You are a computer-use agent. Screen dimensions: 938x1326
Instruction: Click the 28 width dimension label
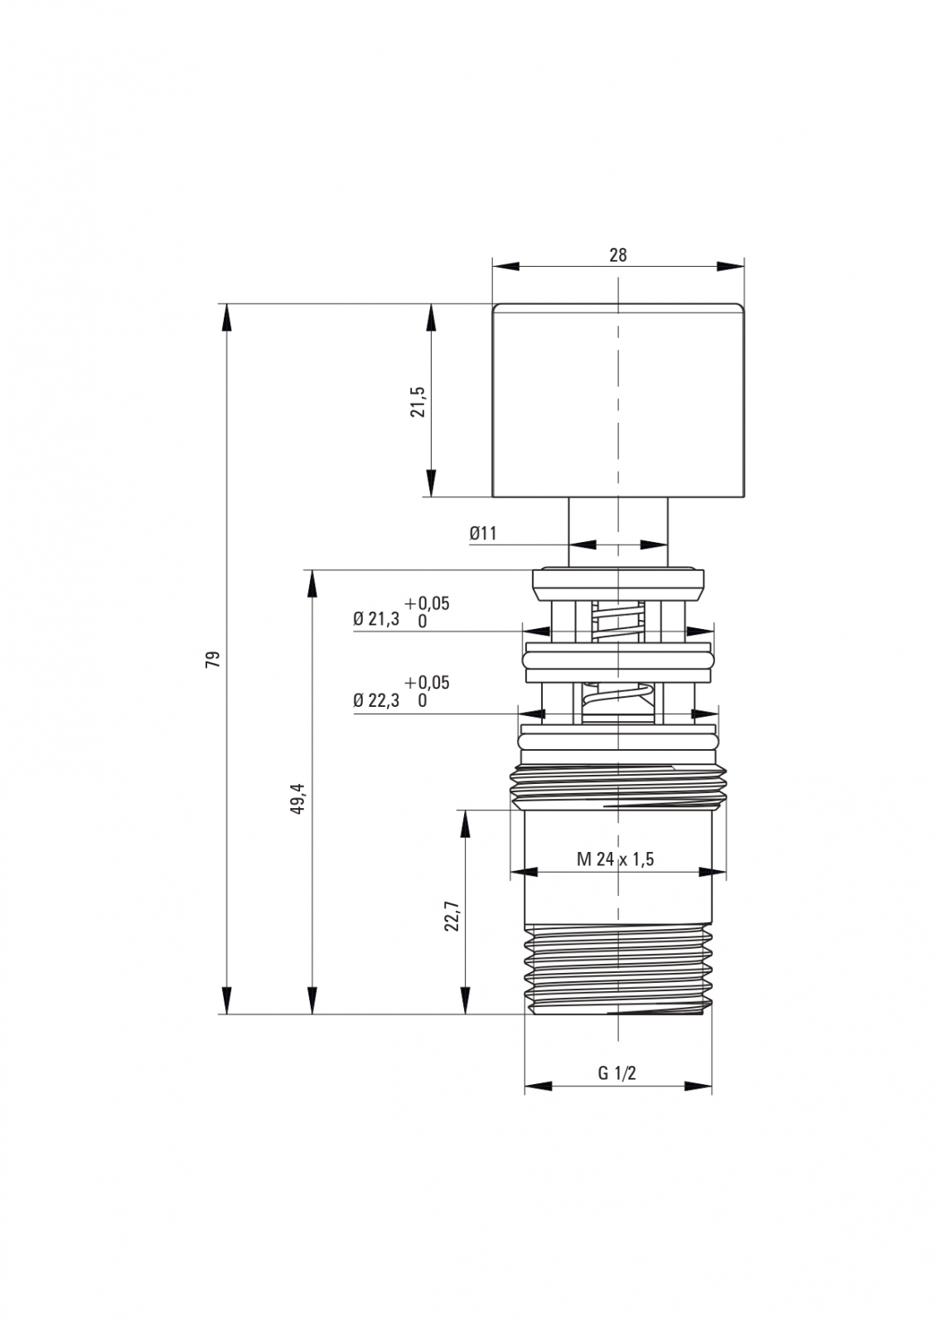tap(618, 255)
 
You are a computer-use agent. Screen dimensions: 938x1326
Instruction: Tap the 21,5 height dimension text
tap(418, 402)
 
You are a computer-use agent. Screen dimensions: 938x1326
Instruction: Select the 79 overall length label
tap(212, 659)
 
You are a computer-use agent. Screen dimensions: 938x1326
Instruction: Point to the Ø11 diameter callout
tap(483, 534)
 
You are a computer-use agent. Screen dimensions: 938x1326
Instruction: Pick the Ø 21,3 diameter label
tap(376, 619)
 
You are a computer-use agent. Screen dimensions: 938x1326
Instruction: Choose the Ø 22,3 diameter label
tap(376, 700)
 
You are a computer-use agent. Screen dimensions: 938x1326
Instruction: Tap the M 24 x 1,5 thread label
tap(616, 859)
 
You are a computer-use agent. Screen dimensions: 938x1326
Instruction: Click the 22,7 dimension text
tap(452, 916)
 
